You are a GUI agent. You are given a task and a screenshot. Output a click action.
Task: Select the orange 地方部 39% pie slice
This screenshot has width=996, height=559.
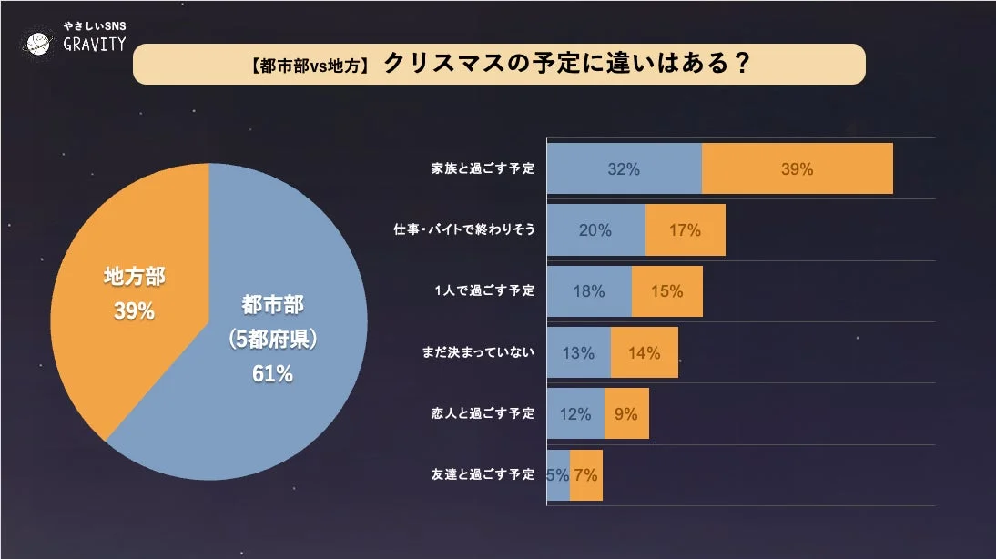point(127,291)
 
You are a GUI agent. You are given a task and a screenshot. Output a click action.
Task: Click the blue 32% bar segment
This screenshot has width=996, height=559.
point(624,168)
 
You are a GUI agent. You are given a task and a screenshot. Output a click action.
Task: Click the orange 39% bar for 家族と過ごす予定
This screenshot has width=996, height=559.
point(797,168)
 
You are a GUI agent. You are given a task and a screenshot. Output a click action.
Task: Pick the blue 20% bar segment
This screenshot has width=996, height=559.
point(595,230)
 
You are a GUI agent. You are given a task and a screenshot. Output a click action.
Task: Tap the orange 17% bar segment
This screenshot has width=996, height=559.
point(685,230)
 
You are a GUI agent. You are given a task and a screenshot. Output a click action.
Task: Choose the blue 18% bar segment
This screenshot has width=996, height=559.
point(589,291)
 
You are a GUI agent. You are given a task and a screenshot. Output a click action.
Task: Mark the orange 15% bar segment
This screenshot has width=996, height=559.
point(667,291)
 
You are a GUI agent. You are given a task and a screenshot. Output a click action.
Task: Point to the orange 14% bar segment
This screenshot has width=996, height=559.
point(644,352)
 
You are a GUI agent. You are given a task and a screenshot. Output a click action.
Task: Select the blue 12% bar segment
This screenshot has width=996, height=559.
point(575,413)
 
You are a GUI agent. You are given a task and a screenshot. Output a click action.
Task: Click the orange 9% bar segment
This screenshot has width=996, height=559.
point(626,413)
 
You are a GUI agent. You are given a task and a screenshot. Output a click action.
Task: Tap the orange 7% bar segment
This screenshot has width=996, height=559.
point(586,474)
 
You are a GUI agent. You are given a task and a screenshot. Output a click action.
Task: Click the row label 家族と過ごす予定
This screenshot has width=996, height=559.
point(483,169)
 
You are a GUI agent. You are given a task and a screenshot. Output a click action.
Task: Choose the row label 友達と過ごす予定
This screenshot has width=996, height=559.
point(483,474)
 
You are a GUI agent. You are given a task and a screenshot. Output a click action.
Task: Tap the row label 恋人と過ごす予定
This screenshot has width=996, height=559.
point(483,413)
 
